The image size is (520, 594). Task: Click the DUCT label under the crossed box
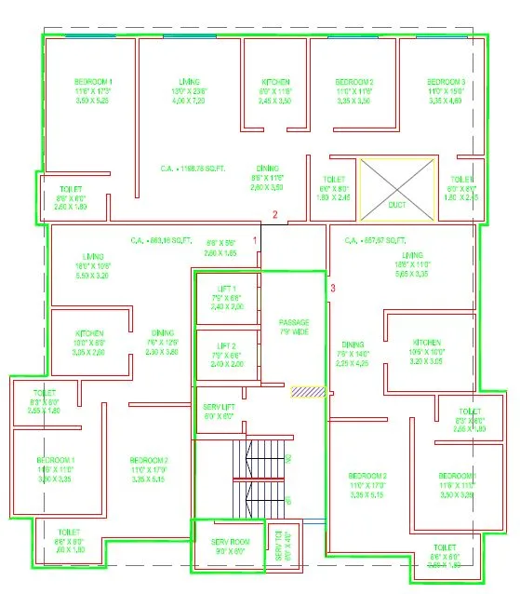396,204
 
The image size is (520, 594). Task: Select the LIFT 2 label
228,345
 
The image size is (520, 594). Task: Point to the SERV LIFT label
220,407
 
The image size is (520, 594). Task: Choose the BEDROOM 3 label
446,83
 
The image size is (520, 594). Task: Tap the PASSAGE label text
294,322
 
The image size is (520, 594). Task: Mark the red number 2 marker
274,216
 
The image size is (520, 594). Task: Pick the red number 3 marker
332,288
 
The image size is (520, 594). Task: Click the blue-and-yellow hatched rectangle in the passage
307,393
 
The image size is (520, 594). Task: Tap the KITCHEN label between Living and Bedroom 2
276,83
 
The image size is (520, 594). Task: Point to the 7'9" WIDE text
294,331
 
